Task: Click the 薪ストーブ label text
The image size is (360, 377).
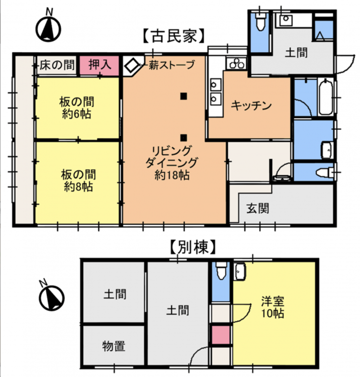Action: (171, 65)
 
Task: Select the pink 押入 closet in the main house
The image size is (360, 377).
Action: (100, 65)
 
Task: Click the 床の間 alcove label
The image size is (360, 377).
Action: (57, 65)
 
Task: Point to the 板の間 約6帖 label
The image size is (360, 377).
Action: (77, 108)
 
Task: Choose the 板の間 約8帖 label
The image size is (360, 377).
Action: (78, 180)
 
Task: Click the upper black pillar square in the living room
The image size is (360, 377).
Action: (184, 96)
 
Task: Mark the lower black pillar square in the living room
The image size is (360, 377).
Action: (184, 138)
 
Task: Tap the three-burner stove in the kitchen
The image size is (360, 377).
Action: (236, 63)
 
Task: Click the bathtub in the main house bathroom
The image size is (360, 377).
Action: (326, 97)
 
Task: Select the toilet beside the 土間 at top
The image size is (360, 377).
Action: (260, 22)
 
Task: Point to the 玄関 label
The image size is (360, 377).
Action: (257, 208)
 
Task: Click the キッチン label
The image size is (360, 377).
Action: (251, 106)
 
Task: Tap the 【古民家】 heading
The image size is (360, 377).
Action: (174, 36)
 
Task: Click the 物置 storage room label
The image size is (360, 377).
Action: (114, 346)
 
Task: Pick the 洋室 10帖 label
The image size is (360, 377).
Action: (273, 307)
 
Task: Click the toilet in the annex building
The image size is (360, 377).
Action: (222, 271)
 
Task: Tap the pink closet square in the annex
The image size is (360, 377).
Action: (221, 335)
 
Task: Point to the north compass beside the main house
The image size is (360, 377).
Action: (49, 27)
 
